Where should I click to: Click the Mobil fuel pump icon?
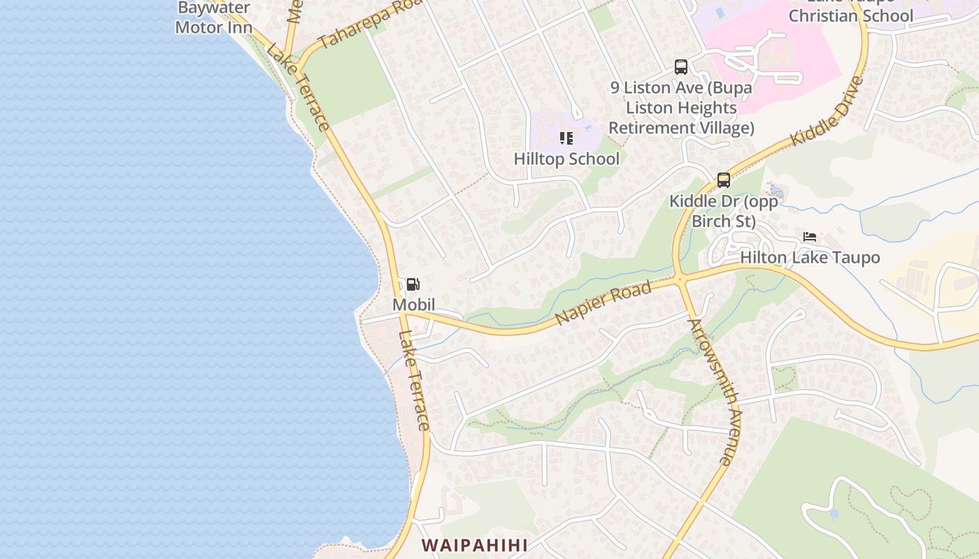[413, 284]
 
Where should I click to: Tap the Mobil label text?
[413, 305]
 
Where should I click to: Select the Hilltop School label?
[566, 159]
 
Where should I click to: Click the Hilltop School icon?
[566, 138]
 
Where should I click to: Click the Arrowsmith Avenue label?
[711, 392]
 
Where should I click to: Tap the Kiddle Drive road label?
[827, 112]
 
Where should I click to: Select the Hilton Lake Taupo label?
[810, 258]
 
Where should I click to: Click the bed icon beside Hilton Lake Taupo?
[810, 237]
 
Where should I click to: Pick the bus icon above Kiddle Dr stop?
[724, 180]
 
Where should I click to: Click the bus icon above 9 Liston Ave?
[681, 67]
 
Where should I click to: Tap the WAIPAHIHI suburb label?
[474, 545]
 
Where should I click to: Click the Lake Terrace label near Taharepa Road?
[298, 87]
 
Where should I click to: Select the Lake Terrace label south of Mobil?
[414, 381]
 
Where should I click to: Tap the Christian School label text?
[851, 15]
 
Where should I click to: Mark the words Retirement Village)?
[681, 128]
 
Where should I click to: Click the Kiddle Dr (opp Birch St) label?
[723, 211]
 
